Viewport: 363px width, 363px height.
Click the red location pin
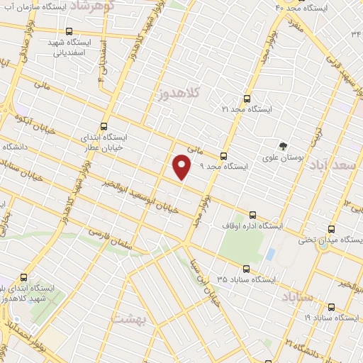pyautogui.click(x=182, y=167)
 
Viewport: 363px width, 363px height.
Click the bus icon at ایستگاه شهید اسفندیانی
pyautogui.click(x=68, y=31)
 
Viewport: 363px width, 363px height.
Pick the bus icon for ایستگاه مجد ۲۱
pyautogui.click(x=247, y=99)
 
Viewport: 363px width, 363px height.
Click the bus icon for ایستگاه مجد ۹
pyautogui.click(x=223, y=156)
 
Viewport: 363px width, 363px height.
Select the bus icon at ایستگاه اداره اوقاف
pyautogui.click(x=253, y=215)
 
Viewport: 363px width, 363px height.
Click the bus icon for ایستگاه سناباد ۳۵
pyautogui.click(x=246, y=269)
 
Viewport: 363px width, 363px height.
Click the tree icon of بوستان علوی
pyautogui.click(x=284, y=147)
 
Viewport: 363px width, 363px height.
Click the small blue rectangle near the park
pyautogui.click(x=270, y=253)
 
